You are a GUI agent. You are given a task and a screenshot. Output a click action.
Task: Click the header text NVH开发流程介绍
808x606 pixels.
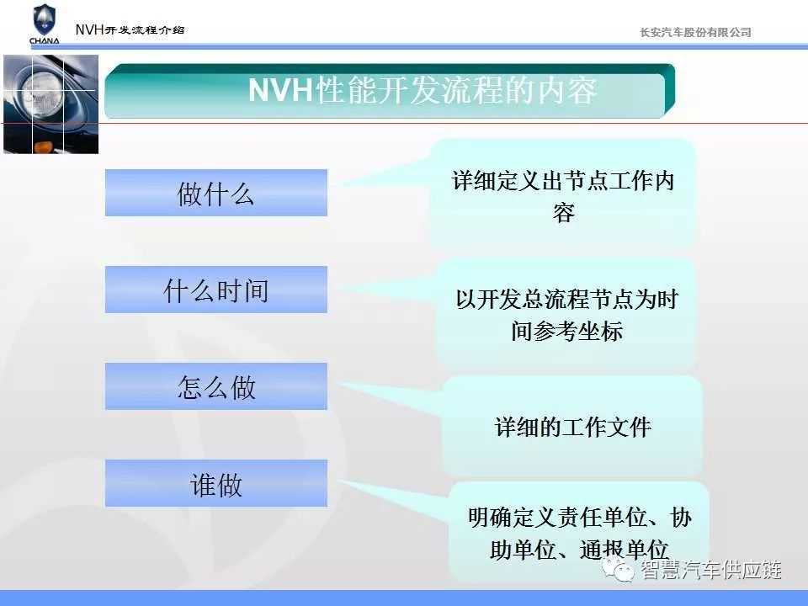click(130, 29)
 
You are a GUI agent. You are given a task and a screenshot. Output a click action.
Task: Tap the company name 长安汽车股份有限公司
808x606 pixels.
click(695, 33)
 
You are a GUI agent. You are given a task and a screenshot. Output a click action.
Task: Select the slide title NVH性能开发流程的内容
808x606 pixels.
click(423, 91)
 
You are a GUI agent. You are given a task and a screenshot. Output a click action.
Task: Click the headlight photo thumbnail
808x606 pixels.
click(51, 104)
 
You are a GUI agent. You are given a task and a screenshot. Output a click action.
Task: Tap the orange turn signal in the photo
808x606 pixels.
click(43, 148)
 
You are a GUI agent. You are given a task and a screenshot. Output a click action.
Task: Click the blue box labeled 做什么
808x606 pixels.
click(216, 193)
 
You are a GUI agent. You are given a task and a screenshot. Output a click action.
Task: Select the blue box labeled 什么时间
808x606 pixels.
click(216, 290)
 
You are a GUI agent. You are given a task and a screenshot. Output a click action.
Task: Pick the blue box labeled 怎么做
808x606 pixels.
click(216, 386)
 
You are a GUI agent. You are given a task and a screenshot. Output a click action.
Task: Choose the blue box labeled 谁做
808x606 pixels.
click(216, 483)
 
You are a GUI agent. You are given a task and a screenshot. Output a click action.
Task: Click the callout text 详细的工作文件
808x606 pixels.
click(572, 428)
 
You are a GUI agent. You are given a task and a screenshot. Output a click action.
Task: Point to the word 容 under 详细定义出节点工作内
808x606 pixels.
click(564, 213)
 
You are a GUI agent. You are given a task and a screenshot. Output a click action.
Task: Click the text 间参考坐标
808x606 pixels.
click(566, 332)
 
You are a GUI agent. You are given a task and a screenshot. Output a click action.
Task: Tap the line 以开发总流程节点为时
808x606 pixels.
click(566, 300)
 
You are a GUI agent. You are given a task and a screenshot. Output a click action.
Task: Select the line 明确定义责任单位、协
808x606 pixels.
click(580, 518)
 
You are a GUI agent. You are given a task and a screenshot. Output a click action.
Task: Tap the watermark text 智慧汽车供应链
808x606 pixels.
click(711, 570)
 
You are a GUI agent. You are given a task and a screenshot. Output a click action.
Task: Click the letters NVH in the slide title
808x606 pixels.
click(280, 91)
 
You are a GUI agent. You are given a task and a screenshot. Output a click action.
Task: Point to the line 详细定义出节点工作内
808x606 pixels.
click(563, 181)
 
